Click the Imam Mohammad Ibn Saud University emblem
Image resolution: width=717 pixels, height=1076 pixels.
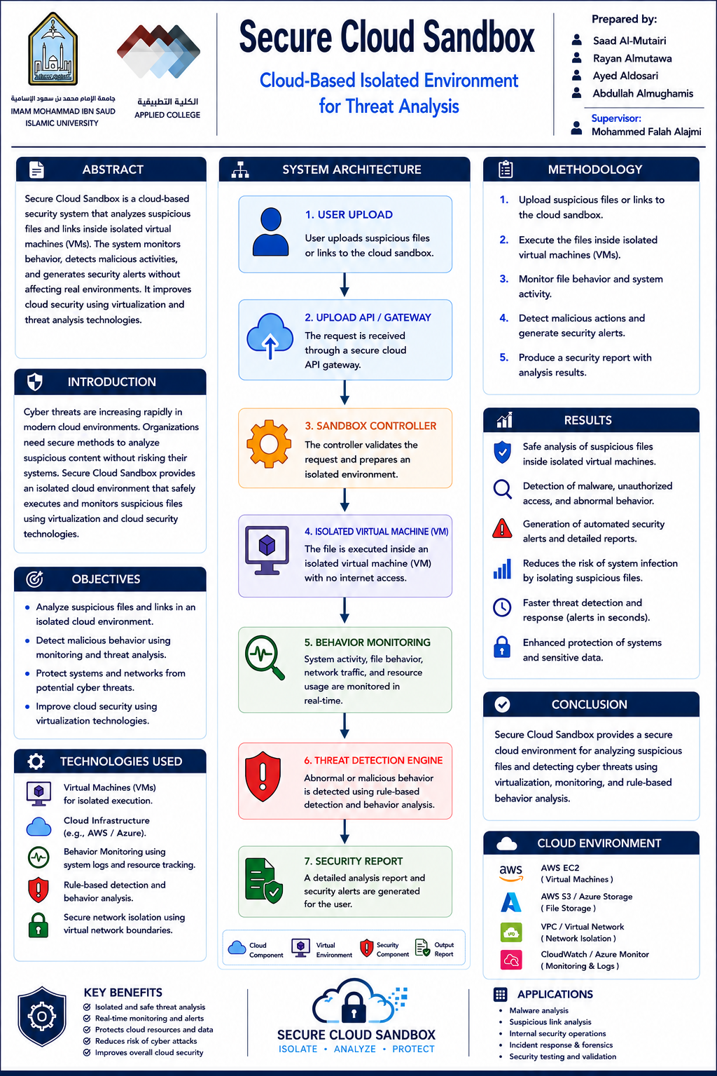point(53,49)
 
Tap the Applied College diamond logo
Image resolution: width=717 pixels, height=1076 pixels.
point(158,51)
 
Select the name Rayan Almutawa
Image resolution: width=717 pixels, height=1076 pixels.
point(632,59)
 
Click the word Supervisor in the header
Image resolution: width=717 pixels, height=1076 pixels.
point(615,118)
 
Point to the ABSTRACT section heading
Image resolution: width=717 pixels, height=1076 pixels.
point(113,170)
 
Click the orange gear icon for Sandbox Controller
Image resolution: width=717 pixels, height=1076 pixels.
point(269,443)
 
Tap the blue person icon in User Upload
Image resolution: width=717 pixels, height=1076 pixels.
point(271,232)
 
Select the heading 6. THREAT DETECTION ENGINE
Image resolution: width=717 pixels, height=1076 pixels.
point(373,760)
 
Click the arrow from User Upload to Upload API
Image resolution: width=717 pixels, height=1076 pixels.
point(344,285)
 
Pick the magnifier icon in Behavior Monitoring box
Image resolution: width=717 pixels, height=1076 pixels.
point(265,657)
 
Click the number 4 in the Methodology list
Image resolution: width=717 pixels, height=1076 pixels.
point(503,318)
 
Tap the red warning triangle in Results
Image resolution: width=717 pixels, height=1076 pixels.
point(502,528)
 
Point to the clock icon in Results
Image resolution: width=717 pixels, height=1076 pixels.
point(502,607)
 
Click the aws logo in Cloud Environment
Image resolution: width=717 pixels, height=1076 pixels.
point(511,873)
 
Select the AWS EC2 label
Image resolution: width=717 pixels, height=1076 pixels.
point(560,868)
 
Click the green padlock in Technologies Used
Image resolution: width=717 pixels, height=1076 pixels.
point(39,925)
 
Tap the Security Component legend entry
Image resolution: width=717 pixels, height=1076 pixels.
point(384,949)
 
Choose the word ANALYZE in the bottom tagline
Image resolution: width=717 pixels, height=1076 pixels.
point(355,1049)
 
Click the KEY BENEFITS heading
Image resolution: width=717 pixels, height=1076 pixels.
point(123,993)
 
